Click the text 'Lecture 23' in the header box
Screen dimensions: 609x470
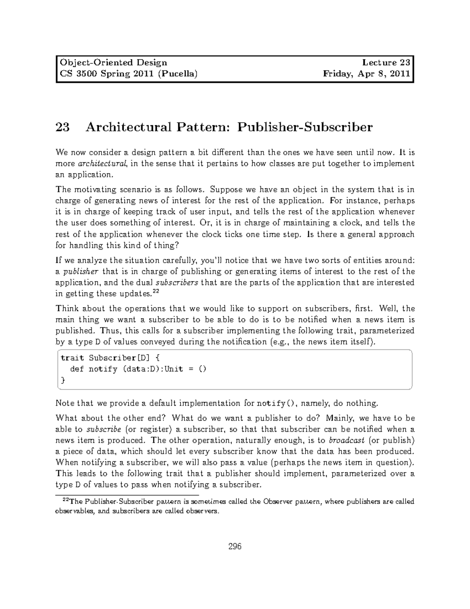386,62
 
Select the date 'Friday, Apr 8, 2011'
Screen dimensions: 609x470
366,73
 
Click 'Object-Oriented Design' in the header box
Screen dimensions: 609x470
113,62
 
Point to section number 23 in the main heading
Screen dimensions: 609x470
63,127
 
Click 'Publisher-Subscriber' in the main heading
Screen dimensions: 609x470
305,127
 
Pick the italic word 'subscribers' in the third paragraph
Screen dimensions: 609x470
177,282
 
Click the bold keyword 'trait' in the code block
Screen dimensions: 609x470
72,358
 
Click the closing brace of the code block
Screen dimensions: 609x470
63,380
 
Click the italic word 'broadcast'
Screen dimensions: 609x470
345,440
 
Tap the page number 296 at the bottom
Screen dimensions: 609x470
235,546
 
